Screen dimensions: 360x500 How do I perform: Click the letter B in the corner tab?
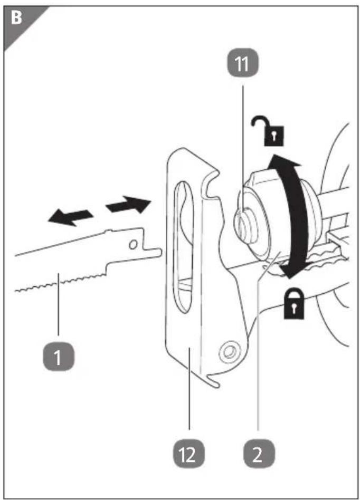[16, 18]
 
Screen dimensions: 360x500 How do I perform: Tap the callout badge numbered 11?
[243, 63]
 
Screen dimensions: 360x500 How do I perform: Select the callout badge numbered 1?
[59, 357]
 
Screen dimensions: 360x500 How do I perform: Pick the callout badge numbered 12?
[188, 454]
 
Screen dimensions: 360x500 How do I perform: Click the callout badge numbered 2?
[258, 454]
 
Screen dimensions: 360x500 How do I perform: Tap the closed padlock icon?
[294, 304]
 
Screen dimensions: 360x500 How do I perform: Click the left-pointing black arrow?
[70, 217]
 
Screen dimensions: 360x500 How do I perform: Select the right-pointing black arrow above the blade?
[128, 205]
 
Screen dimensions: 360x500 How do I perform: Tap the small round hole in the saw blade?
[133, 245]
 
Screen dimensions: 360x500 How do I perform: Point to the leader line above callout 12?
[190, 389]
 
